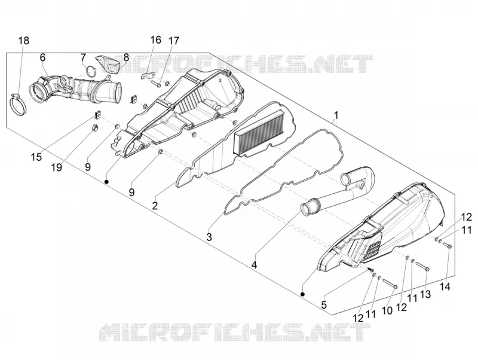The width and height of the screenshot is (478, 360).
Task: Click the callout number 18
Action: coord(24,40)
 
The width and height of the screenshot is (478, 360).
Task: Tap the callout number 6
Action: coord(42,57)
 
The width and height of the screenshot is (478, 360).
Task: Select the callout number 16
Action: coord(155,39)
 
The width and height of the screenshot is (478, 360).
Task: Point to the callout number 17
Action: coord(174,41)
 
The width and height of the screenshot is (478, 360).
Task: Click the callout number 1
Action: coord(336,115)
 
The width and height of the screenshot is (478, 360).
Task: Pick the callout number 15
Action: coord(36,157)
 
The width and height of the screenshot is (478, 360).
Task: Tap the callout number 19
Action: coord(57,167)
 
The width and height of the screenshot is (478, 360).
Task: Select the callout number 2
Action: coord(155,206)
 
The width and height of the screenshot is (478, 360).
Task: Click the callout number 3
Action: coord(209,237)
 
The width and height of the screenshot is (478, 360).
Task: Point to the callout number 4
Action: coord(254,265)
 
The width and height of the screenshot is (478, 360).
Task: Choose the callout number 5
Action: coord(324,304)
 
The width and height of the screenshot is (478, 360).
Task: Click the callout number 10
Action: coord(387,311)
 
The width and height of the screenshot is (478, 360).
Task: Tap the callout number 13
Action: coord(425,294)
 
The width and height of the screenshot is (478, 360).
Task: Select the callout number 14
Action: coord(445,287)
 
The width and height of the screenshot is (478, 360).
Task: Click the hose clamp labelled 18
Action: coord(18,106)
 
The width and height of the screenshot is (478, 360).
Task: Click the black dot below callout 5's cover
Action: coord(302,294)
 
